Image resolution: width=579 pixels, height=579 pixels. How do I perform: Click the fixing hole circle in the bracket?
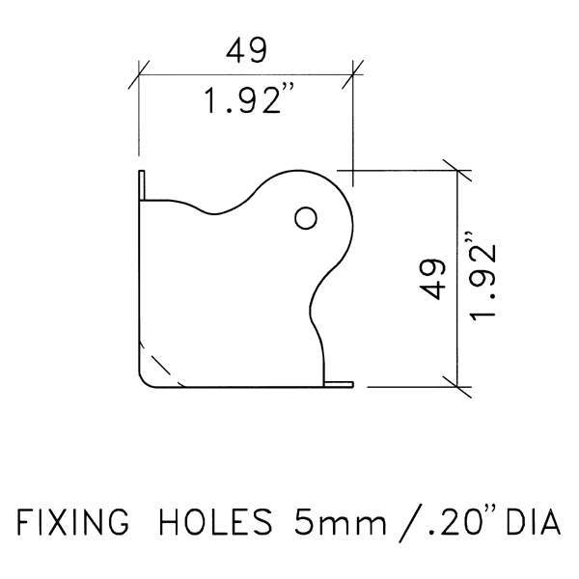(x=306, y=218)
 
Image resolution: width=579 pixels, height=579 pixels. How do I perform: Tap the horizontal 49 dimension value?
(x=246, y=50)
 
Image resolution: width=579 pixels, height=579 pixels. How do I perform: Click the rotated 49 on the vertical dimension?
(x=432, y=280)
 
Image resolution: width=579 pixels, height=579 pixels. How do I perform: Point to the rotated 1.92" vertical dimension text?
(x=483, y=277)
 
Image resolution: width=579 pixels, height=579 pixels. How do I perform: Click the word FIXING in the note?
(x=72, y=522)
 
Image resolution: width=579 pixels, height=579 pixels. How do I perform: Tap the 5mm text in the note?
(x=340, y=522)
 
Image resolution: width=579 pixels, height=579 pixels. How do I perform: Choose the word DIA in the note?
(x=534, y=522)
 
